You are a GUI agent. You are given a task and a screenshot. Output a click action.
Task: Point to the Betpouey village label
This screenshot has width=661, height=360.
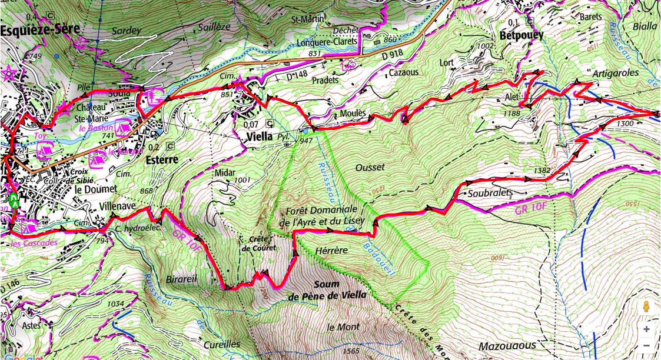click(521, 35)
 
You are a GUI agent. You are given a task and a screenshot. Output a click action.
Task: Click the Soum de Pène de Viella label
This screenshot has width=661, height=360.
click(327, 289)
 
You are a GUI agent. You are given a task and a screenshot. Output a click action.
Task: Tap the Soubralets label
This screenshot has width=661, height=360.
click(491, 192)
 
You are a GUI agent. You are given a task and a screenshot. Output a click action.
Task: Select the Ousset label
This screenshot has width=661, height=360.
click(370, 167)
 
